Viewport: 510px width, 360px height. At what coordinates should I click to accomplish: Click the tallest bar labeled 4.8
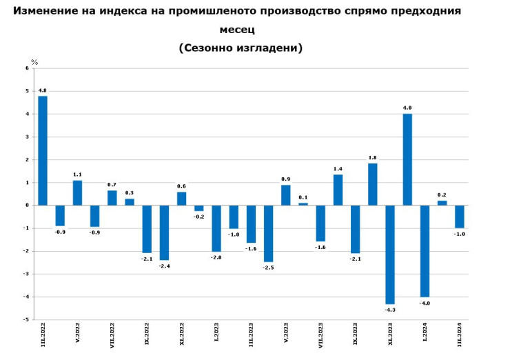[43, 150]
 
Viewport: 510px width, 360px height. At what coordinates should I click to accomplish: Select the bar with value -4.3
[390, 254]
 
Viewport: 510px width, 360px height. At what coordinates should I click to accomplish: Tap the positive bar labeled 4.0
[407, 159]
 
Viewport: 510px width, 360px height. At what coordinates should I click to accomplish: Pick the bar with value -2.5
[268, 233]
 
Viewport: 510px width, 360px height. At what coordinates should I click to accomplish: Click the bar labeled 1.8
[373, 184]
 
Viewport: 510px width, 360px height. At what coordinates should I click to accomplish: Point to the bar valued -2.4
[164, 232]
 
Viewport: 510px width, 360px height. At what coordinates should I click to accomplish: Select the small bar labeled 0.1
[303, 203]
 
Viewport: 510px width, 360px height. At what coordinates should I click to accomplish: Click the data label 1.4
[338, 169]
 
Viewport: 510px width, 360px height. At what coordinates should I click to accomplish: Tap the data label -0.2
[198, 217]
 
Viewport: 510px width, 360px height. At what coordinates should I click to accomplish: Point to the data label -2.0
[216, 257]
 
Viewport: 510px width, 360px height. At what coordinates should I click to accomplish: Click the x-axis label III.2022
[43, 335]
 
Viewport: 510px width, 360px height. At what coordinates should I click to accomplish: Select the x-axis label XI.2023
[390, 335]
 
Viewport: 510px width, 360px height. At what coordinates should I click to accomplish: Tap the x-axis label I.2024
[425, 334]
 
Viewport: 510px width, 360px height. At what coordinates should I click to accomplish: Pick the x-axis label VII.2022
[112, 334]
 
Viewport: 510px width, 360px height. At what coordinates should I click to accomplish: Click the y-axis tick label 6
[27, 68]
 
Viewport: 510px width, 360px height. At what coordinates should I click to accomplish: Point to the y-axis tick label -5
[26, 320]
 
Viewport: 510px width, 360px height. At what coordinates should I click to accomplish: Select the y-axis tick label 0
[27, 206]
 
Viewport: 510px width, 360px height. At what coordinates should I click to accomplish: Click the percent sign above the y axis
[34, 62]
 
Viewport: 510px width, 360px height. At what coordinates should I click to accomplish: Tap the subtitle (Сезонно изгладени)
[241, 48]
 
